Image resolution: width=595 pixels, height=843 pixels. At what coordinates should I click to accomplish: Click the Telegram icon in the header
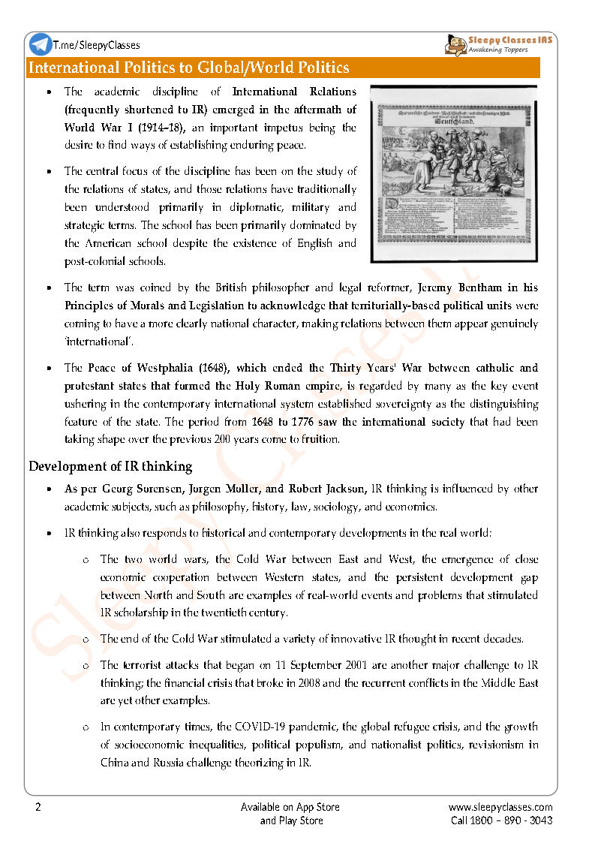(x=41, y=44)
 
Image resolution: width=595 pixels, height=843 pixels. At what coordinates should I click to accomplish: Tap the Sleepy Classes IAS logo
(x=498, y=44)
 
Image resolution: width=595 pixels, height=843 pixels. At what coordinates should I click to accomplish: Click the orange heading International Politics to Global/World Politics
(x=188, y=68)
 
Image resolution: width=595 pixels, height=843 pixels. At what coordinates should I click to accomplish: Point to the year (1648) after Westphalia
(x=215, y=368)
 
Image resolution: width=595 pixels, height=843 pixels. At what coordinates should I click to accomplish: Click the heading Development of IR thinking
(x=110, y=466)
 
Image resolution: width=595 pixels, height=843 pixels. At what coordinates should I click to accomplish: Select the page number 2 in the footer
(x=38, y=807)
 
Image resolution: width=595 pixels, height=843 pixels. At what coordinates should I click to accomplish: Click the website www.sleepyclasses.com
(x=500, y=807)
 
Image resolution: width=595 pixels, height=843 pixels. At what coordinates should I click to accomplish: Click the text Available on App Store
(x=290, y=807)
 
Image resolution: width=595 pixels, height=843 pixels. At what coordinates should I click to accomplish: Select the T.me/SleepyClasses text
(x=97, y=45)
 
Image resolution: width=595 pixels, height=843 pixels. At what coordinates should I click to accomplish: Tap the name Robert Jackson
(x=330, y=489)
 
